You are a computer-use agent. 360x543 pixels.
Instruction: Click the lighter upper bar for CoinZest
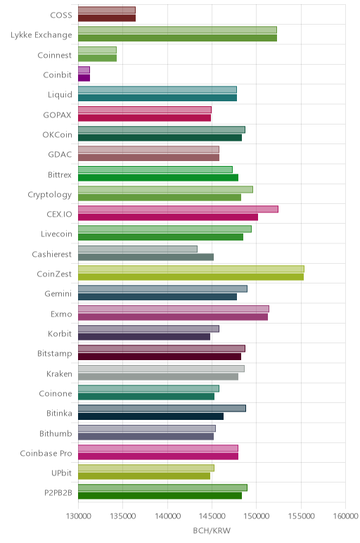point(191,269)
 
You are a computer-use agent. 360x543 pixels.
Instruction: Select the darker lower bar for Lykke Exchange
point(178,38)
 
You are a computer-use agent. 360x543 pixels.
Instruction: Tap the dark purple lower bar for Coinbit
point(84,78)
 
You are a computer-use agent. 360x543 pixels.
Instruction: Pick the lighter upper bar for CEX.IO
point(179,209)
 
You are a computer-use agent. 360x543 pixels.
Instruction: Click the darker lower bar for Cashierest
point(146,257)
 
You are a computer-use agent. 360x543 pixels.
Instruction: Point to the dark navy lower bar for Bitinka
point(151,416)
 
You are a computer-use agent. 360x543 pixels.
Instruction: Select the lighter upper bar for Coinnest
point(97,50)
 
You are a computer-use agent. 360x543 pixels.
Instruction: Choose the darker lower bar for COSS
point(107,18)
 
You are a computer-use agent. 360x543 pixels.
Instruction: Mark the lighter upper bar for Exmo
point(174,309)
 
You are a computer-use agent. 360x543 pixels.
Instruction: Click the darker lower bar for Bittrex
point(158,178)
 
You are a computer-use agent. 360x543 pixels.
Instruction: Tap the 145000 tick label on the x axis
point(212,516)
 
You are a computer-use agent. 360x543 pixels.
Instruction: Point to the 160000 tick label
point(345,516)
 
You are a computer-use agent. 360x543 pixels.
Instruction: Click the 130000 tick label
point(78,516)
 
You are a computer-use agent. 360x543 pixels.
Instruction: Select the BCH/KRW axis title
point(212,530)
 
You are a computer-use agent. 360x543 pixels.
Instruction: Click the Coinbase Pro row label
point(46,453)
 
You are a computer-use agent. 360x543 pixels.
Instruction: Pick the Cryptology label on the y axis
point(50,195)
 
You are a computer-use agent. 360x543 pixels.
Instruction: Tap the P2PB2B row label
point(58,493)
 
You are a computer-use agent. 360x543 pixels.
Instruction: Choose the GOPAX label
point(57,115)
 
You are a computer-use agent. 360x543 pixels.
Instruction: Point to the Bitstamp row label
point(55,354)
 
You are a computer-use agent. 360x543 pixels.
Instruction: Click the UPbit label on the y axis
point(62,473)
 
